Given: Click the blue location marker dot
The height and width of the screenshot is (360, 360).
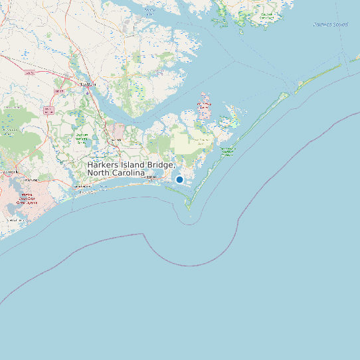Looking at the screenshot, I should tap(179, 179).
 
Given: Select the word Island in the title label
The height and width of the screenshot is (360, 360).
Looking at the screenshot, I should tap(136, 164).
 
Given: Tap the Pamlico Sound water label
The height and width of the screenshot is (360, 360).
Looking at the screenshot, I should tap(330, 25).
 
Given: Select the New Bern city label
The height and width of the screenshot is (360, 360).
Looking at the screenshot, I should tap(88, 84).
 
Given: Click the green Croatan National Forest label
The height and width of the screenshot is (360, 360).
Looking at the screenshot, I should tap(82, 138).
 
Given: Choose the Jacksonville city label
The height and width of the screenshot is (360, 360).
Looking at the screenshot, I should tap(10, 172).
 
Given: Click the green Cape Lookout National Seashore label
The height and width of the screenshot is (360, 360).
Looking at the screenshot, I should tap(228, 152).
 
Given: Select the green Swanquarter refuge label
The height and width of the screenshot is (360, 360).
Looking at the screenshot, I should tap(267, 15).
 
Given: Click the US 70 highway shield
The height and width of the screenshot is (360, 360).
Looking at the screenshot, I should tap(29, 74).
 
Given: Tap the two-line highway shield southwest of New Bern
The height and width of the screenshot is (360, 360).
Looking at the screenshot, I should tap(48, 110).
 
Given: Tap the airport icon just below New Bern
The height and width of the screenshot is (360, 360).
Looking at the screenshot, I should tap(87, 92).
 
